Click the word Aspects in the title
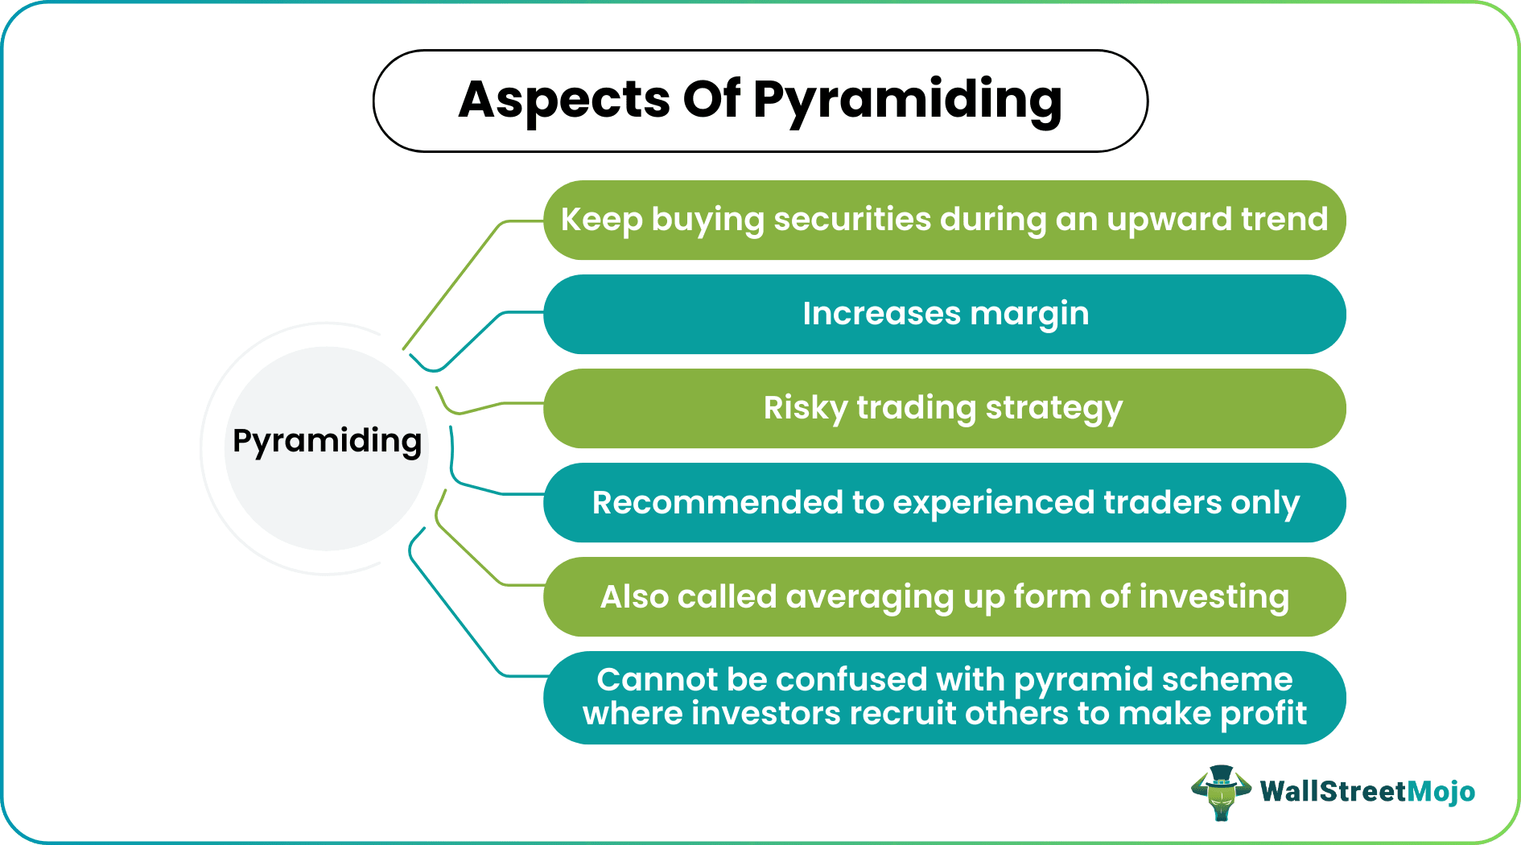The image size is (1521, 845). [564, 100]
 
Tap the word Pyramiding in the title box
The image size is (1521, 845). [907, 101]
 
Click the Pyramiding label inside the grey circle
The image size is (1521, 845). [327, 441]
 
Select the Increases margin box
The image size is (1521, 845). [945, 314]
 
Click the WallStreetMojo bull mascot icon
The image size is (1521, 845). [1222, 793]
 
